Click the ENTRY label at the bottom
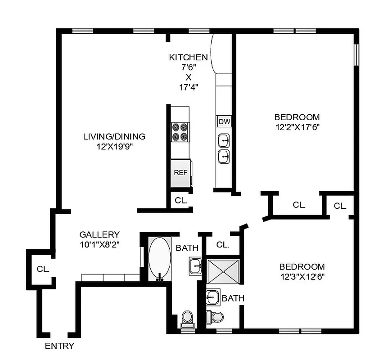(59, 346)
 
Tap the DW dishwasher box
(224, 121)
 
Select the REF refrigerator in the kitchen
(180, 172)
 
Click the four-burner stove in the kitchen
(180, 133)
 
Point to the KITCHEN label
(188, 58)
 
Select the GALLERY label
(99, 234)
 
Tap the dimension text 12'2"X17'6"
(297, 127)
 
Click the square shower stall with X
(224, 271)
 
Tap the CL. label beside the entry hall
(43, 269)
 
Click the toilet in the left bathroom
(187, 318)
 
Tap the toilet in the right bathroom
(215, 316)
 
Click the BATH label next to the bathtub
(187, 248)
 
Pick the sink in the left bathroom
(196, 266)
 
